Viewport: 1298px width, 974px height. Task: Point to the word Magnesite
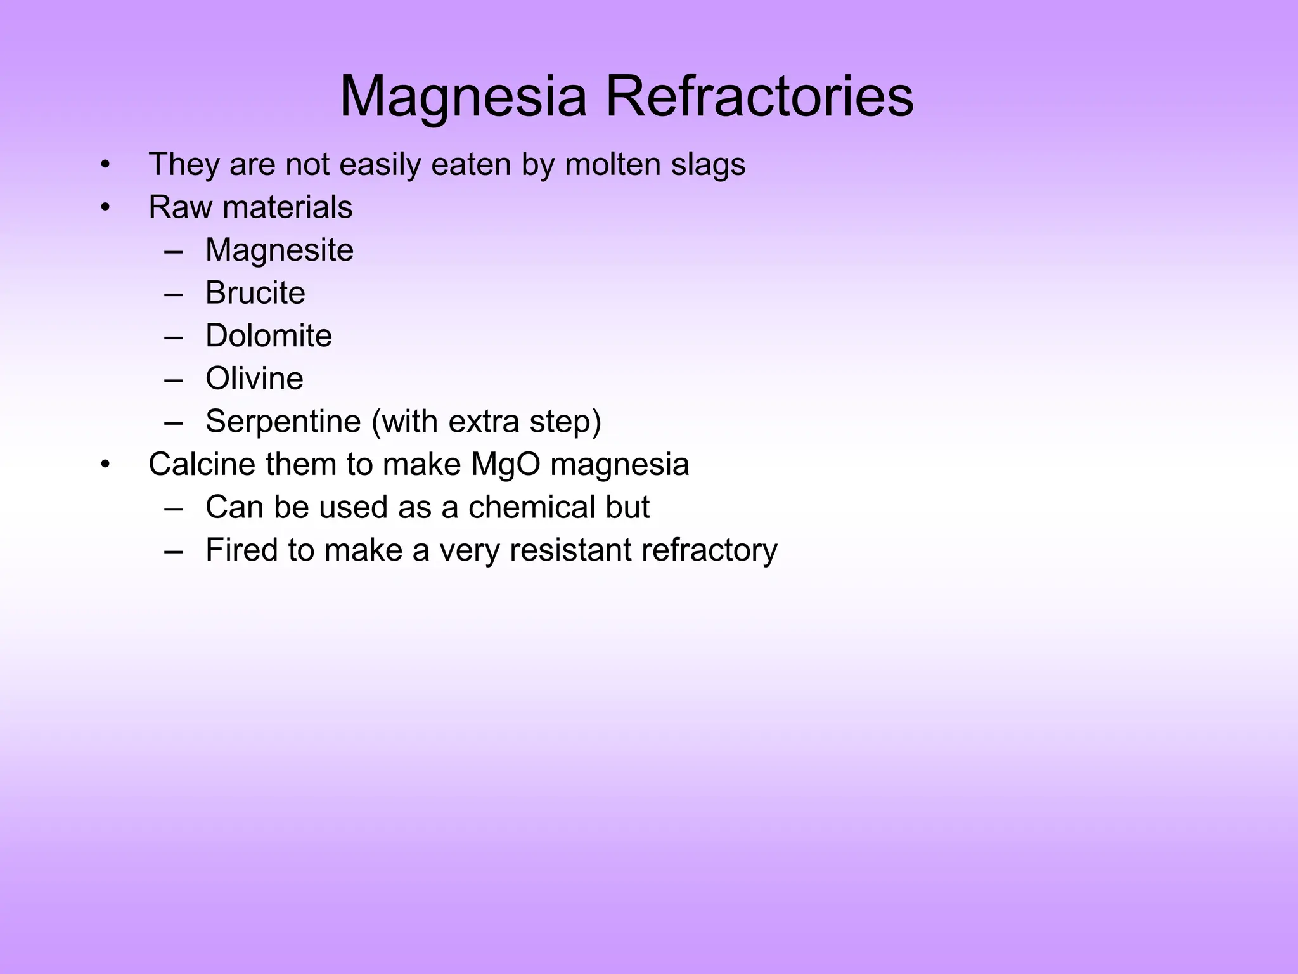pos(280,250)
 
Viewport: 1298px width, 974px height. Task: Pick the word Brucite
pos(255,293)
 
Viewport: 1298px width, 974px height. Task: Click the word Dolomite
pos(269,335)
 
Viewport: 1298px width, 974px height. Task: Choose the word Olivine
pos(254,379)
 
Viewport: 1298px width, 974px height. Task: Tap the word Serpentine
pos(283,422)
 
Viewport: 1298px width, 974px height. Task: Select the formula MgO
pos(506,465)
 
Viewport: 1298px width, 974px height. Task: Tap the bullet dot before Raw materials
pos(105,207)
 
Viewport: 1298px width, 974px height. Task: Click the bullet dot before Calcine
pos(105,465)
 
